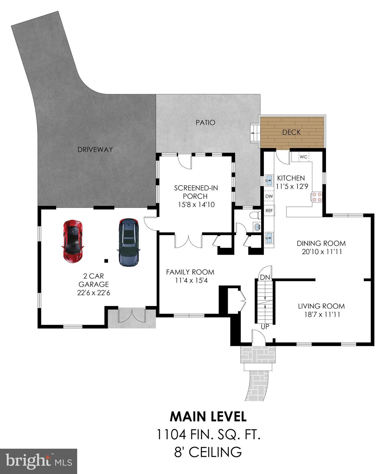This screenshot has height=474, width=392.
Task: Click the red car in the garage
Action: coord(73,241)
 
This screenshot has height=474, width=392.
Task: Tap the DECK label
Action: coord(292,132)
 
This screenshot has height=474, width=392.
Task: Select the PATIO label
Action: coord(205,123)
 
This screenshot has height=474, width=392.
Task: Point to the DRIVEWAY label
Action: coord(95,150)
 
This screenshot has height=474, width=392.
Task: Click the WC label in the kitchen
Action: coord(303,157)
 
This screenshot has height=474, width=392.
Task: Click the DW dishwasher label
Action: coord(269,196)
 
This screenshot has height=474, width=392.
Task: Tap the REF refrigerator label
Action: coord(269,210)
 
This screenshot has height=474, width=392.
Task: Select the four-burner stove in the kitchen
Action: coord(317,197)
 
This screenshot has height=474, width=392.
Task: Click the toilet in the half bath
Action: coord(255,214)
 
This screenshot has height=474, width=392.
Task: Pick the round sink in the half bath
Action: coord(257,227)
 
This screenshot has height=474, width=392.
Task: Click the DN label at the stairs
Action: coord(265,277)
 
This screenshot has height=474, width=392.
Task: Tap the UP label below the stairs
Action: coord(265,326)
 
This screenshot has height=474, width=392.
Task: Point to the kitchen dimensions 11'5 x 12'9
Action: coord(291,186)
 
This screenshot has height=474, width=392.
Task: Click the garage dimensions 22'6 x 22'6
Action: coord(94,293)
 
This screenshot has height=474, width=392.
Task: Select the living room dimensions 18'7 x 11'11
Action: coord(321,315)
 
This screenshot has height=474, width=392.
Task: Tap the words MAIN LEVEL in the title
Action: coord(208,417)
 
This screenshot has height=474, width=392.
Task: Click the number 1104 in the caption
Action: coord(171,435)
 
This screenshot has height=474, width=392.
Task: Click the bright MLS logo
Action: coord(39,461)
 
